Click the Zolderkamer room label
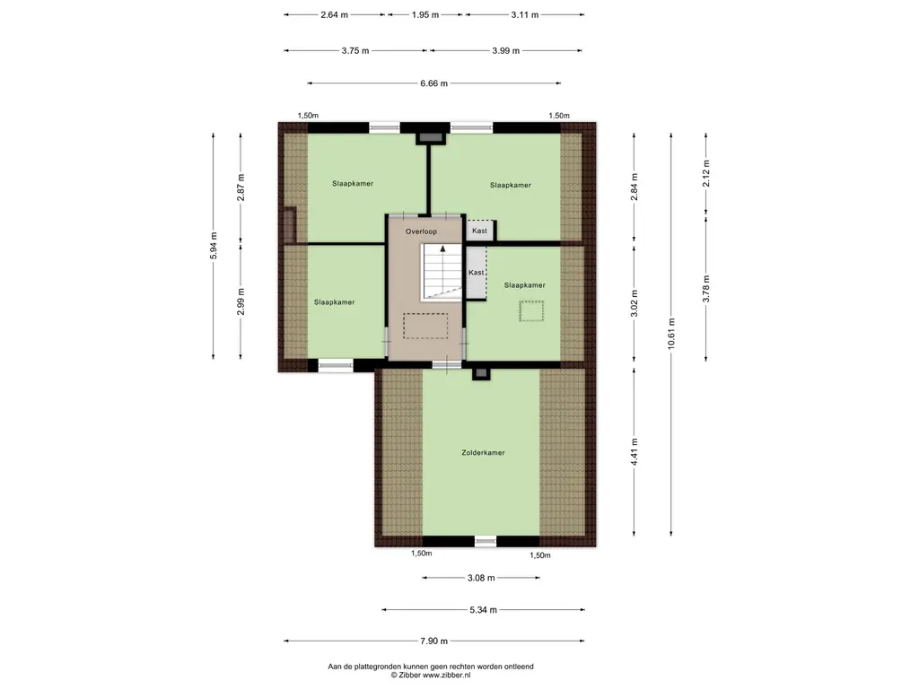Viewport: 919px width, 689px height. coord(483,452)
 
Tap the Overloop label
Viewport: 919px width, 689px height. coord(421,231)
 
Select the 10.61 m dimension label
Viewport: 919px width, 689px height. coord(671,334)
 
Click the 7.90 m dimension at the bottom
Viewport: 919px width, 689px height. coord(433,641)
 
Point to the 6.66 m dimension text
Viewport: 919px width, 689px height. coord(433,83)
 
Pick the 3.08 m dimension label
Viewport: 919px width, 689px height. coord(481,578)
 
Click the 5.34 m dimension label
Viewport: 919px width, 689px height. coord(483,610)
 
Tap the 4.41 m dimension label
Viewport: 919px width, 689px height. coord(635,452)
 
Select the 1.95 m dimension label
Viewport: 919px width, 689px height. coord(424,14)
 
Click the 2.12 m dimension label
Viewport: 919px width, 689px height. coord(706,173)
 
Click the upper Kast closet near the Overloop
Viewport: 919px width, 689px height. coord(480,231)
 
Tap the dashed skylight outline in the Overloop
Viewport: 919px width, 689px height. coord(425,326)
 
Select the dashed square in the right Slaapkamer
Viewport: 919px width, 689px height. coord(531,311)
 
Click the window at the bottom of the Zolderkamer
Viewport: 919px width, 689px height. coord(486,541)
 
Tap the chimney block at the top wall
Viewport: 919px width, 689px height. coord(430,137)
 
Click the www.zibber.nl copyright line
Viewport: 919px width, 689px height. coord(431,675)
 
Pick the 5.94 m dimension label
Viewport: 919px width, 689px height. coord(214,246)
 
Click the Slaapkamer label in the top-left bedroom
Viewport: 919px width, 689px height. coord(353,183)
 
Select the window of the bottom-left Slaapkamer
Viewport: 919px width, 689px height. coord(336,366)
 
